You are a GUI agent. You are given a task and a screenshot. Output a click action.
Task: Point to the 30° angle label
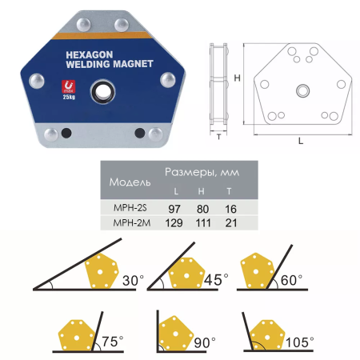(134, 281)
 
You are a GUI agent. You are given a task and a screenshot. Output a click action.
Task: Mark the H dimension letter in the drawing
(237, 78)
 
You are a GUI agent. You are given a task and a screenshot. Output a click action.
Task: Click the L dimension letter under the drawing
(299, 140)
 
